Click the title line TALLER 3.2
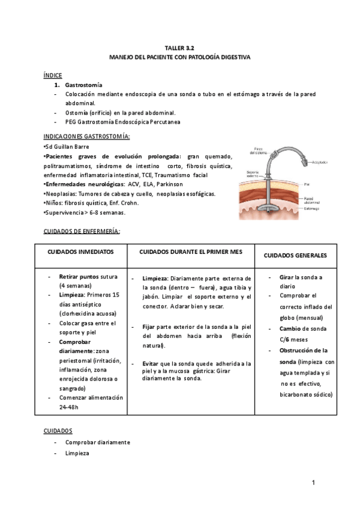(180, 47)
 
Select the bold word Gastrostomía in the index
(83, 85)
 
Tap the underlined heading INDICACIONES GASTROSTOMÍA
(86, 137)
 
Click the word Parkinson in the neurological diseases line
(167, 184)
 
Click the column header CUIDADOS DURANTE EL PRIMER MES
(190, 253)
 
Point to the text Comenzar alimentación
(91, 397)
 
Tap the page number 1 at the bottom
(313, 483)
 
